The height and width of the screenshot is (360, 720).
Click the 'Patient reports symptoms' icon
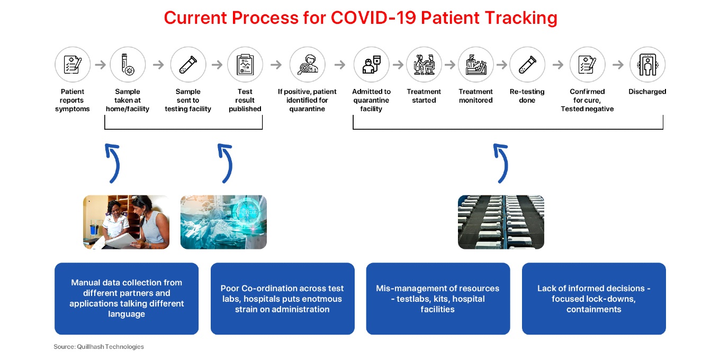(73, 65)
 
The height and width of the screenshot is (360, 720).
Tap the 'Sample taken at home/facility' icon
(128, 65)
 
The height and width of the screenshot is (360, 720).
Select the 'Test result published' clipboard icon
(245, 65)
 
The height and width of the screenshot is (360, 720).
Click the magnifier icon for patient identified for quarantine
(307, 65)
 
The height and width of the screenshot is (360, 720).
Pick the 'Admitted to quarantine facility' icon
(371, 65)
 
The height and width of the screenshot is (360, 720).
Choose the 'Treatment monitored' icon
(476, 65)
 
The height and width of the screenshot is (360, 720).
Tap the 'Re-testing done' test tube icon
(527, 65)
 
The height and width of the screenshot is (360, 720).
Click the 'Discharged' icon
(647, 65)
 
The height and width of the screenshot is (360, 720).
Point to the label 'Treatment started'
(424, 96)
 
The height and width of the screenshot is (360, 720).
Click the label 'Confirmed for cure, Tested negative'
(587, 100)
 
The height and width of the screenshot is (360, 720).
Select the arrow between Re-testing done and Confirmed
(557, 65)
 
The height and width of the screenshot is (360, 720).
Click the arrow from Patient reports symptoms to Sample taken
(100, 65)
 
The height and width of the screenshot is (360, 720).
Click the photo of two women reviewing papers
(127, 222)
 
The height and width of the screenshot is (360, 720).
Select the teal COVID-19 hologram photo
(223, 222)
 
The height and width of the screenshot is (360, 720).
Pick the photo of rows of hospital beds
(501, 222)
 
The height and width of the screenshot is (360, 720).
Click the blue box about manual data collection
(127, 299)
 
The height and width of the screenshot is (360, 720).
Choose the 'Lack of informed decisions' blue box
(594, 299)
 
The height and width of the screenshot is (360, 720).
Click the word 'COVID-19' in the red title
(374, 17)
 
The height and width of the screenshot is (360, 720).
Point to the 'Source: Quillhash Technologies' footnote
(98, 346)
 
